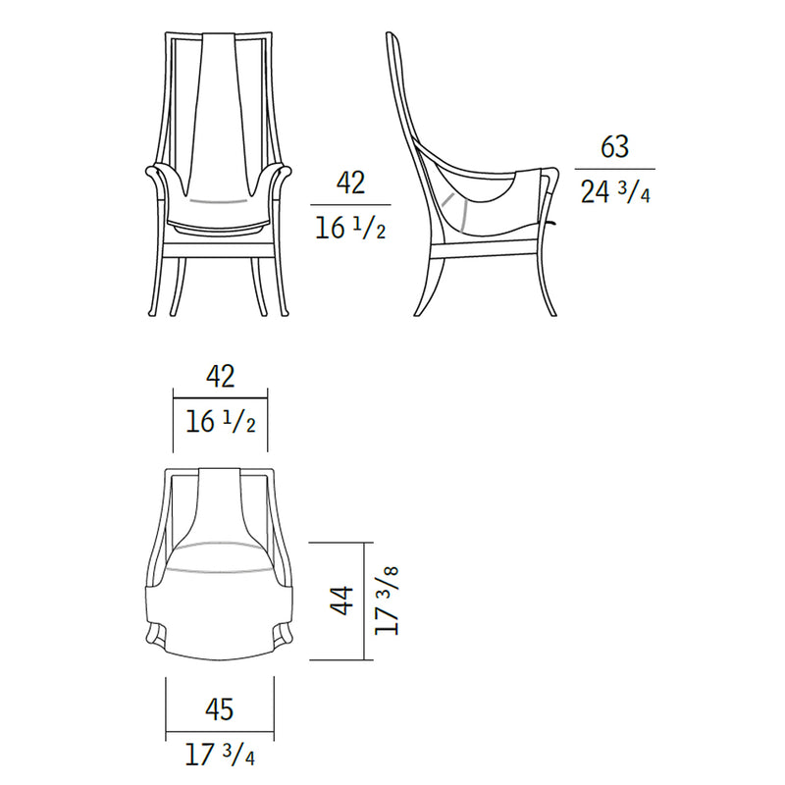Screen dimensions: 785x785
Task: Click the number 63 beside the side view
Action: (615, 147)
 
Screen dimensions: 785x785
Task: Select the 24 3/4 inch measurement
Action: (615, 190)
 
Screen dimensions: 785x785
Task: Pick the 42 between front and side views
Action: (350, 183)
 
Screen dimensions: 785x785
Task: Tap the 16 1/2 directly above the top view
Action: (220, 422)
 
